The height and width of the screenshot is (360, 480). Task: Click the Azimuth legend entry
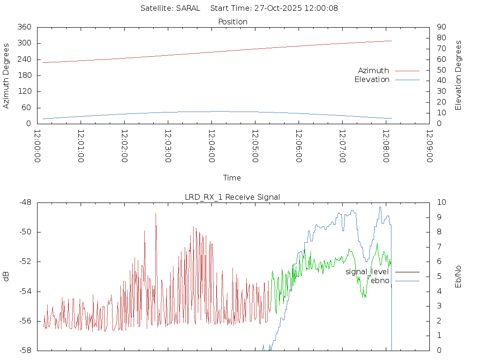(373, 71)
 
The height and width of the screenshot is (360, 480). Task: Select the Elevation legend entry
(372, 80)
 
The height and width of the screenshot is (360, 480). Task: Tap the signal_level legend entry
(367, 272)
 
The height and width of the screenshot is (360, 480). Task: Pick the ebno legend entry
(380, 280)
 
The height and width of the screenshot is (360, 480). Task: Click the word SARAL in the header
(188, 8)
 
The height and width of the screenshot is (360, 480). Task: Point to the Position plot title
(233, 22)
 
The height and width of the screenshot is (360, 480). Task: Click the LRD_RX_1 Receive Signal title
(233, 197)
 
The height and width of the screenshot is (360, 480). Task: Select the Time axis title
(232, 178)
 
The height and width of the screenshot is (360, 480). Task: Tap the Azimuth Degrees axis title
(7, 75)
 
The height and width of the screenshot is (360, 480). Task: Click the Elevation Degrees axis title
(458, 75)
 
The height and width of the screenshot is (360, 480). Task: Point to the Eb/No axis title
(458, 276)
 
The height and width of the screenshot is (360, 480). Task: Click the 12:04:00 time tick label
(211, 146)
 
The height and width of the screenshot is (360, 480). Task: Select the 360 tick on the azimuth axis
(24, 27)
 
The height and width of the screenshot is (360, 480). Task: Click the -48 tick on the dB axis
(24, 202)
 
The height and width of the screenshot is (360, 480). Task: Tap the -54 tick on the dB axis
(24, 291)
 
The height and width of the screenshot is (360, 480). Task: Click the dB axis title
(7, 276)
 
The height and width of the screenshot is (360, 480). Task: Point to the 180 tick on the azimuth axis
(24, 75)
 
